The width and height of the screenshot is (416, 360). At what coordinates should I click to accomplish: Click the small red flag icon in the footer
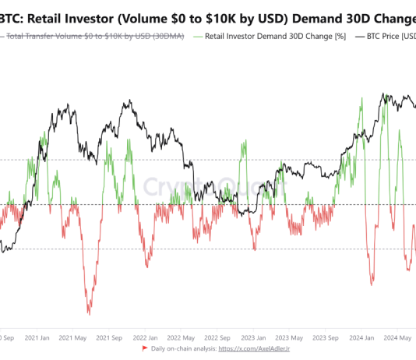[145, 348]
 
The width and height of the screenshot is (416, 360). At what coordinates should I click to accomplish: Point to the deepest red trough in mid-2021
[88, 314]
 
